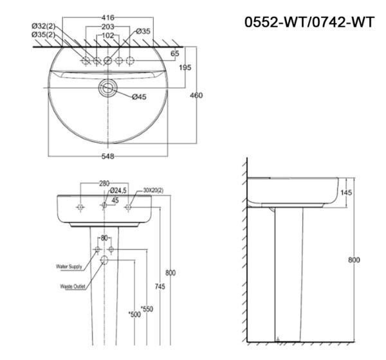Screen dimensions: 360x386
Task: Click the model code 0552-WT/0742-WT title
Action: [x=309, y=22]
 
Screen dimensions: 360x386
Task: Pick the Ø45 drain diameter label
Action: [x=140, y=97]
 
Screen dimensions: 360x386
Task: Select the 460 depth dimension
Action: [x=196, y=96]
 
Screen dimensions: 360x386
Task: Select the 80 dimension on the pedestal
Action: [x=104, y=238]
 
